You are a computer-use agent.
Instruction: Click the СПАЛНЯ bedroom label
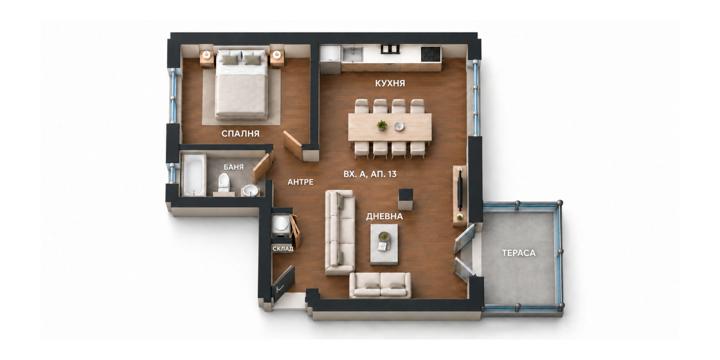click(240, 133)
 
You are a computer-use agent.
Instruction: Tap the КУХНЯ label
click(390, 83)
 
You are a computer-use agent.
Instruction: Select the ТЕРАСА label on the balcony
click(519, 253)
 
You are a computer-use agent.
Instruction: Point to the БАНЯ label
click(234, 167)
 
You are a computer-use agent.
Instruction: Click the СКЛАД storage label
click(283, 249)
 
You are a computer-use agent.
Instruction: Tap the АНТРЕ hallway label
click(300, 182)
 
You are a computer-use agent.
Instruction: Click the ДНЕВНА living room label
click(384, 216)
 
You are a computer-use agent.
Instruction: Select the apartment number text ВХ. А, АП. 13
click(370, 174)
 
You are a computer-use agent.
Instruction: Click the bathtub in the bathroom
click(193, 175)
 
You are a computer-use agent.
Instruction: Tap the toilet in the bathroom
click(224, 182)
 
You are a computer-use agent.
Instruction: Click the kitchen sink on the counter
click(352, 54)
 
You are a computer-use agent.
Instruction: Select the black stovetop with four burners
click(431, 54)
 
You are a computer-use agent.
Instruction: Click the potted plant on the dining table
click(382, 125)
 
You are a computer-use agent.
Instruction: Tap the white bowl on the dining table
click(399, 126)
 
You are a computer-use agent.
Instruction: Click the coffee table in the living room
click(384, 245)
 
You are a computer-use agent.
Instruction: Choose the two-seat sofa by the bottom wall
click(380, 285)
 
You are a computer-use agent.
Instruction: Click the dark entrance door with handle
click(283, 283)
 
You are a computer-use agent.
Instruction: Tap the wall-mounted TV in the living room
click(460, 191)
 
